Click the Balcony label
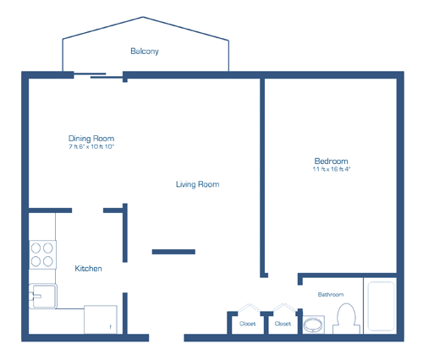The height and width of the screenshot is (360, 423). (145, 52)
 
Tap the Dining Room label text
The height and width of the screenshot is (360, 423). (91, 139)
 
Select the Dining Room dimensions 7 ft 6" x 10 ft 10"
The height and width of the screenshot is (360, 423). (91, 146)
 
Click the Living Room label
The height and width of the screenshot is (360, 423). (197, 184)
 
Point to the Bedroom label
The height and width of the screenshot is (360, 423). (331, 161)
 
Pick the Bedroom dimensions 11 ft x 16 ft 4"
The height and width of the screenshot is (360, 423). (332, 169)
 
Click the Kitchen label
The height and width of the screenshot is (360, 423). (88, 269)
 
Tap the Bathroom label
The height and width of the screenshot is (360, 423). (331, 295)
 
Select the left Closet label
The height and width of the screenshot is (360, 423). (247, 324)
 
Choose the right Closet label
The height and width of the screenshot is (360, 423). (283, 324)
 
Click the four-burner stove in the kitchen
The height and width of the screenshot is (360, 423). (42, 254)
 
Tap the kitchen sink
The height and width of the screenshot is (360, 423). (43, 296)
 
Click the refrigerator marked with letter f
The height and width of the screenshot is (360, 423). (101, 319)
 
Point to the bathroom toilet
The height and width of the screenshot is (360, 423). (346, 319)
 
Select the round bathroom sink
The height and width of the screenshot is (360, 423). (313, 325)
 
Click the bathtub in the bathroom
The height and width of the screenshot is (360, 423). (381, 306)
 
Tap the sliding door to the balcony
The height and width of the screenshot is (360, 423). (98, 75)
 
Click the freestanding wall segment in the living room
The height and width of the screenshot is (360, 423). (173, 252)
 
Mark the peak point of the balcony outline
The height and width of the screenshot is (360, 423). (143, 17)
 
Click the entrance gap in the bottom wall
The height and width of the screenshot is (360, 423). (167, 338)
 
